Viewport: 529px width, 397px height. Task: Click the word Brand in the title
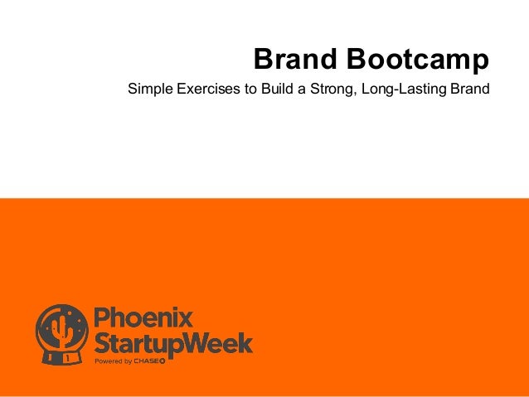(x=294, y=59)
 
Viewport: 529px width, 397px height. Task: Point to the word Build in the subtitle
(x=278, y=89)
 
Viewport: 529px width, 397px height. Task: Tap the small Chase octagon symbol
(x=162, y=361)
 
